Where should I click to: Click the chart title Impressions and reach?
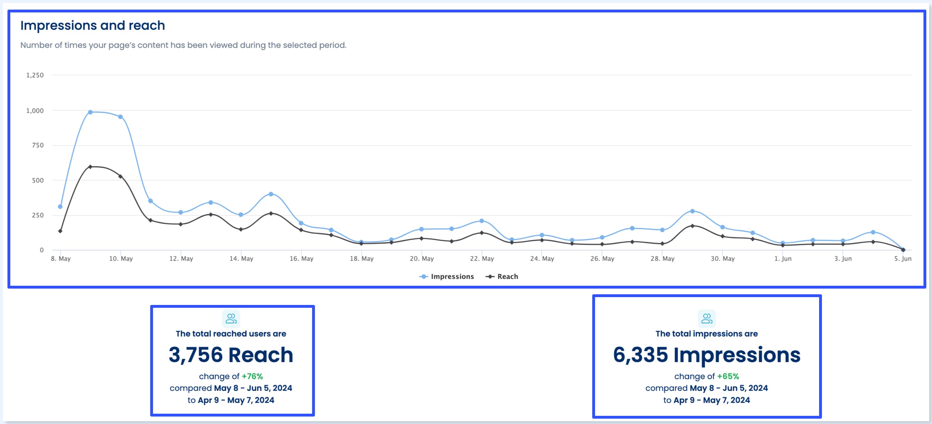point(93,26)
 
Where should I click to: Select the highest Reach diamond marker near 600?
point(91,167)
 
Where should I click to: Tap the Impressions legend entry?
point(447,276)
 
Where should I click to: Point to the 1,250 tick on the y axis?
point(35,75)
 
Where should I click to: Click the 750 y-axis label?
point(38,145)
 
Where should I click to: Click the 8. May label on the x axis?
point(61,258)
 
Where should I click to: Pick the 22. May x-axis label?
point(482,258)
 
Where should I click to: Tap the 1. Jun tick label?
point(783,258)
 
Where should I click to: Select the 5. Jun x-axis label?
point(902,258)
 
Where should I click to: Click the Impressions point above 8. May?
point(60,207)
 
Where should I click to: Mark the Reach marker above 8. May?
point(60,231)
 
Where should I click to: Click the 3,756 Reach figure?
point(231,354)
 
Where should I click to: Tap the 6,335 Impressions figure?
point(706,354)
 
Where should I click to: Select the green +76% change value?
point(252,376)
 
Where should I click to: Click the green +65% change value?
point(728,376)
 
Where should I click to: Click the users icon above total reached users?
point(231,318)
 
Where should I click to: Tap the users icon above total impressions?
point(706,318)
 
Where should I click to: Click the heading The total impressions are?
point(706,333)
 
